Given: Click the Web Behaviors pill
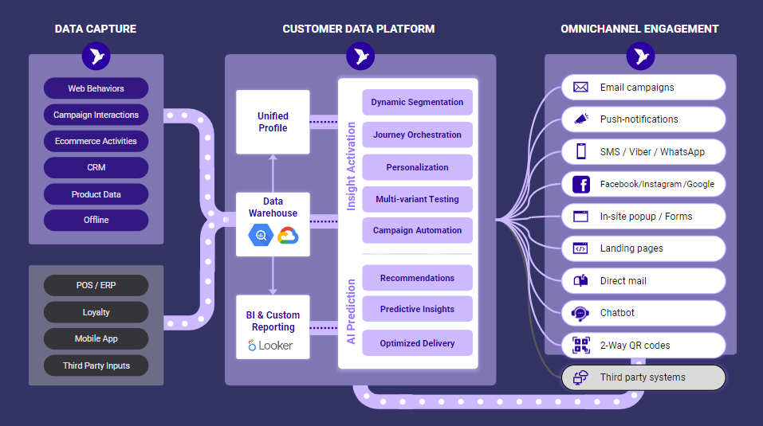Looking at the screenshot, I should click(96, 88).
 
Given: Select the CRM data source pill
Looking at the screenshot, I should click(96, 167).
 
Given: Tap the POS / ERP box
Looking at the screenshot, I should click(96, 285).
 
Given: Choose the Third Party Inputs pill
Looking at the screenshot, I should click(96, 365).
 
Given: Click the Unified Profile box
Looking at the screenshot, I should click(273, 122).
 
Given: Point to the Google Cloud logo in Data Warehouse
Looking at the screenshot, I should click(288, 236).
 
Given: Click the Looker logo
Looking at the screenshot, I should click(270, 346).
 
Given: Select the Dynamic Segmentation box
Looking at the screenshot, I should click(417, 102).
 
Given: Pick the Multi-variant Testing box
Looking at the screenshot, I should click(417, 199).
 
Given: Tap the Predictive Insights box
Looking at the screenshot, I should click(417, 309).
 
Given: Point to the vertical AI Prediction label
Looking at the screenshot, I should click(351, 311).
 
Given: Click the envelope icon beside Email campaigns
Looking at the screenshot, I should click(580, 87).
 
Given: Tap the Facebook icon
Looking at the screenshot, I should click(580, 184).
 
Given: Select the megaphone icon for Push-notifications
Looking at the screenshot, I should click(580, 119).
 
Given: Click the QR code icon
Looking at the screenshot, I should click(580, 346).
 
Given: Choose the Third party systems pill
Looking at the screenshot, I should click(643, 377).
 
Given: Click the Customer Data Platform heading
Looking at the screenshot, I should click(359, 29).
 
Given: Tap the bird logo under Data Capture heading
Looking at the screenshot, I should click(96, 56).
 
